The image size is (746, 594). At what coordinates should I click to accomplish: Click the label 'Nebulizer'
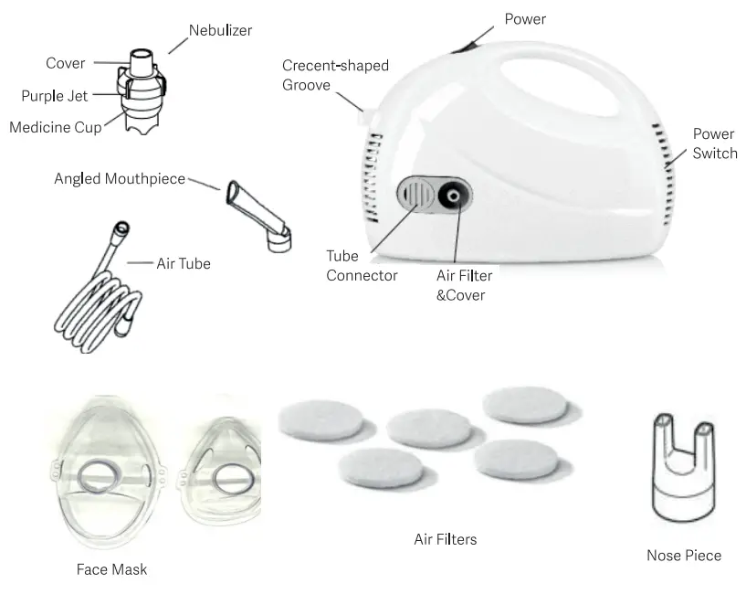(x=220, y=30)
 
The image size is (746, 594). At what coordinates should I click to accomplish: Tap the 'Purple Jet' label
(x=55, y=96)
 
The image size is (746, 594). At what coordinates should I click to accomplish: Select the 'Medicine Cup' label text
(x=56, y=127)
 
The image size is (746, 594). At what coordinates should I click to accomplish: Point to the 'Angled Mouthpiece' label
(x=120, y=178)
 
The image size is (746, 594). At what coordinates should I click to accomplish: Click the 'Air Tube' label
(x=184, y=263)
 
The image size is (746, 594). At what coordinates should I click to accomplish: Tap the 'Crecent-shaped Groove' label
(x=335, y=75)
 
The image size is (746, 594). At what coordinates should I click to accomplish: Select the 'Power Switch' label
(x=714, y=143)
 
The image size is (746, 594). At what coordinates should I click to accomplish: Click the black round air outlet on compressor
(x=453, y=196)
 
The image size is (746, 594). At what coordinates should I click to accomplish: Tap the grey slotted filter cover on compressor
(x=415, y=195)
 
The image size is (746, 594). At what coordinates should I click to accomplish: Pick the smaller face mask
(x=224, y=473)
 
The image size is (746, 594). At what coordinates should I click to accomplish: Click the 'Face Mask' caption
(x=111, y=569)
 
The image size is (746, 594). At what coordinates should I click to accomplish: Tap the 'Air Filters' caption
(x=445, y=539)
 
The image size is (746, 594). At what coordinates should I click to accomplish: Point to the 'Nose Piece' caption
(x=683, y=555)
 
